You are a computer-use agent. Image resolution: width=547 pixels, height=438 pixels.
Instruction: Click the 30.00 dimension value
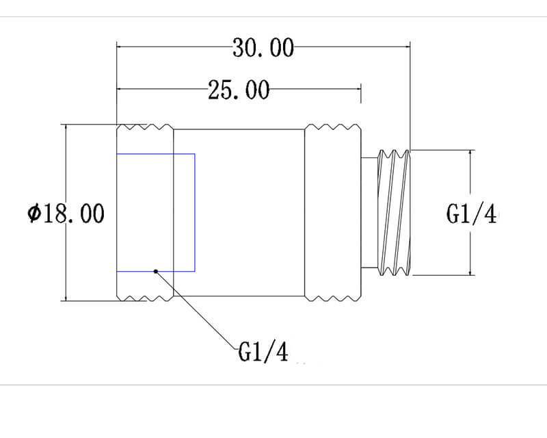(263, 48)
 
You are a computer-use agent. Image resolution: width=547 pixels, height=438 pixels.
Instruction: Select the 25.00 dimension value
(239, 90)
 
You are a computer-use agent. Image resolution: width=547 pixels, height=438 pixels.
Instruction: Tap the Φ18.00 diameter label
(66, 213)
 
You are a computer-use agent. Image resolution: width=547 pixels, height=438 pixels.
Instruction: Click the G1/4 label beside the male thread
(472, 214)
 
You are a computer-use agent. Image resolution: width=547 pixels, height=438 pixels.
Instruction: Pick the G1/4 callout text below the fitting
(263, 351)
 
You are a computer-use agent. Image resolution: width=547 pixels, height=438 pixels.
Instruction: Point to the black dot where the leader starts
(156, 271)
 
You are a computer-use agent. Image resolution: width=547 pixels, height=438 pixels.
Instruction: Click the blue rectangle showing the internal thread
(156, 212)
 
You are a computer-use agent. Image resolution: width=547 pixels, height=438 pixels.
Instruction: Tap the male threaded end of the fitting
(395, 213)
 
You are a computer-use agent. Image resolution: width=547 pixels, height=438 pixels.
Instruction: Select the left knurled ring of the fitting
(145, 212)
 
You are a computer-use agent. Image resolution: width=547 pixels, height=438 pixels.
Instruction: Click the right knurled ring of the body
(333, 212)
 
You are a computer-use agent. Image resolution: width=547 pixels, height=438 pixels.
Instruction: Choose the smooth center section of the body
(239, 213)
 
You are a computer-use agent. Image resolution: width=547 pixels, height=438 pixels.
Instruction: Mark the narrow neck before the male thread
(369, 213)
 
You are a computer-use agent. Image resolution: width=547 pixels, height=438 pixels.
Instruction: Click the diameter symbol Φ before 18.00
(34, 214)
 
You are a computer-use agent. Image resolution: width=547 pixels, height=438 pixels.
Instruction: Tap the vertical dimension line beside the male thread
(470, 213)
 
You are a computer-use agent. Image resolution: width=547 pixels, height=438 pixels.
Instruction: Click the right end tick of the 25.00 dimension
(361, 93)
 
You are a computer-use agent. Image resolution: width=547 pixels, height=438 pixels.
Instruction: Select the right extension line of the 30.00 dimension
(410, 96)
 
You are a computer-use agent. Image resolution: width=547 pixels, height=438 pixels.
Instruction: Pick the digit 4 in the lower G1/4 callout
(281, 351)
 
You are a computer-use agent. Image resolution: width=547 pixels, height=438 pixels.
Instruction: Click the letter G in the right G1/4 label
(453, 214)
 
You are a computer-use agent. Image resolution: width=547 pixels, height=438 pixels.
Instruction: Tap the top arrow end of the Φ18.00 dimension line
(66, 125)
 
